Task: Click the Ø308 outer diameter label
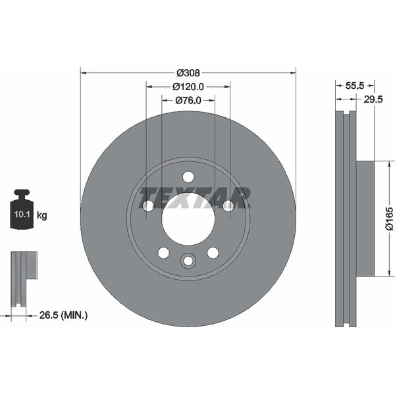click(188, 73)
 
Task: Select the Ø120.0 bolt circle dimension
click(188, 86)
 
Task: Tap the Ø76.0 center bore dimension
click(188, 100)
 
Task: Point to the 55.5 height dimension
click(355, 86)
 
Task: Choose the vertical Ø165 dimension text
click(388, 219)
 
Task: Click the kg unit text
click(42, 215)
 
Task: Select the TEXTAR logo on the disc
click(195, 197)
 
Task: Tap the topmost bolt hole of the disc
click(188, 176)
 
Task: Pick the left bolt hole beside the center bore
click(148, 206)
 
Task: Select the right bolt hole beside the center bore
click(228, 206)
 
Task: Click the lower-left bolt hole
click(163, 253)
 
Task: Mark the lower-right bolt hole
click(213, 253)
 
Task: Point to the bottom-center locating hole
click(188, 261)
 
